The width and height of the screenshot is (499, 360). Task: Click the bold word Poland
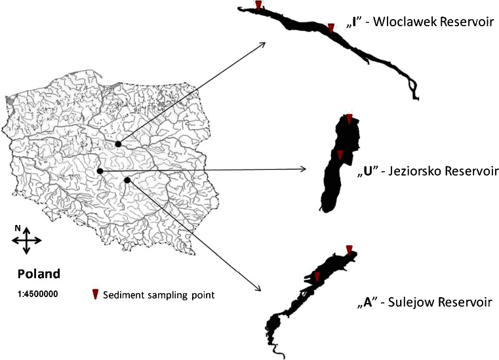click(x=39, y=273)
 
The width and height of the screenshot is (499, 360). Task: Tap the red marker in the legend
click(x=95, y=294)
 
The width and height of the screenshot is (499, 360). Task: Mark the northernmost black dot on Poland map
click(x=118, y=144)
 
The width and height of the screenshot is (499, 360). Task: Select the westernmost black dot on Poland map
click(x=100, y=172)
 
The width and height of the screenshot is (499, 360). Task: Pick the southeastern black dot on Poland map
click(x=127, y=180)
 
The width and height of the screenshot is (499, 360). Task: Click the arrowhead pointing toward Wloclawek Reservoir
click(x=262, y=45)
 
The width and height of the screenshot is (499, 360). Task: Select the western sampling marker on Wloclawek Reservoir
click(x=259, y=6)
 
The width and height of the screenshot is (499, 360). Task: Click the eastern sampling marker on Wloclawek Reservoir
click(x=331, y=28)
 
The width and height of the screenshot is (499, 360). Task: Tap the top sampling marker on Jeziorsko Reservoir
click(x=349, y=119)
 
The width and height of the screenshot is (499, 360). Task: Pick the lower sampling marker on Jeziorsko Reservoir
click(x=340, y=155)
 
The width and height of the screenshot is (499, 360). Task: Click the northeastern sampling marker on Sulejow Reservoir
click(x=349, y=249)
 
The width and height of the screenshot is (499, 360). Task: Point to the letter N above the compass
click(x=19, y=228)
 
